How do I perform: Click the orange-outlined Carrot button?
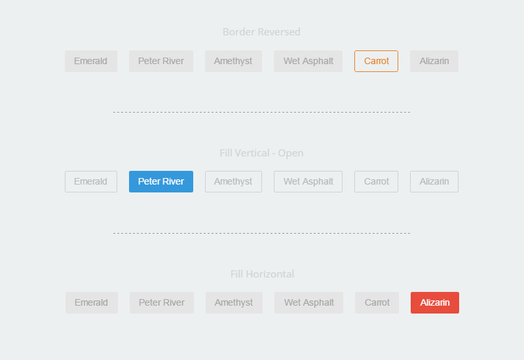point(376,61)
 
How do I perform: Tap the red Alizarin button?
point(435,302)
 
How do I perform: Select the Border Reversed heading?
point(261,31)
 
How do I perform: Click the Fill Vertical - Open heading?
point(261,153)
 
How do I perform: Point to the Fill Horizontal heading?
point(263,274)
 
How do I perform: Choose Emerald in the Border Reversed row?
point(91,61)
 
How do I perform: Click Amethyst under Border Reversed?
point(233,61)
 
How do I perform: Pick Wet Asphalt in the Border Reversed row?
point(308,61)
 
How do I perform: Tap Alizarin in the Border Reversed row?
point(434,61)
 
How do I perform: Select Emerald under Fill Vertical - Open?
point(91,182)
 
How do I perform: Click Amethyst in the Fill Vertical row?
point(233,182)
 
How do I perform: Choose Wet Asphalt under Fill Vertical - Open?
point(308,182)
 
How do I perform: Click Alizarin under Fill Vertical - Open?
point(434,182)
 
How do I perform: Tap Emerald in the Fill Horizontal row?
point(92,302)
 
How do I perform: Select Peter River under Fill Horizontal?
point(162,302)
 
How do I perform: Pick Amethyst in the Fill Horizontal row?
point(234,302)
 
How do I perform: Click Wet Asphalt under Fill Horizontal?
point(309,302)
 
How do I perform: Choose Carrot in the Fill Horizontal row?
point(377,302)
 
